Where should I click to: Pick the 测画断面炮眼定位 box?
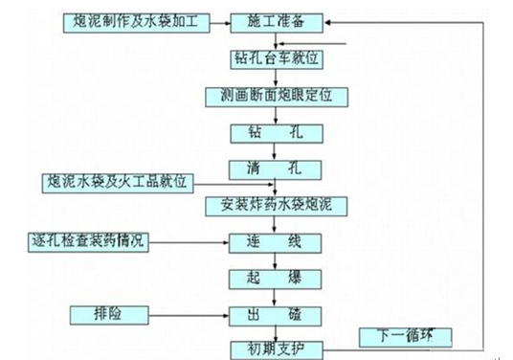tap(276, 96)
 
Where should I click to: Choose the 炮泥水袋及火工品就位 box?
tap(120, 181)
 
